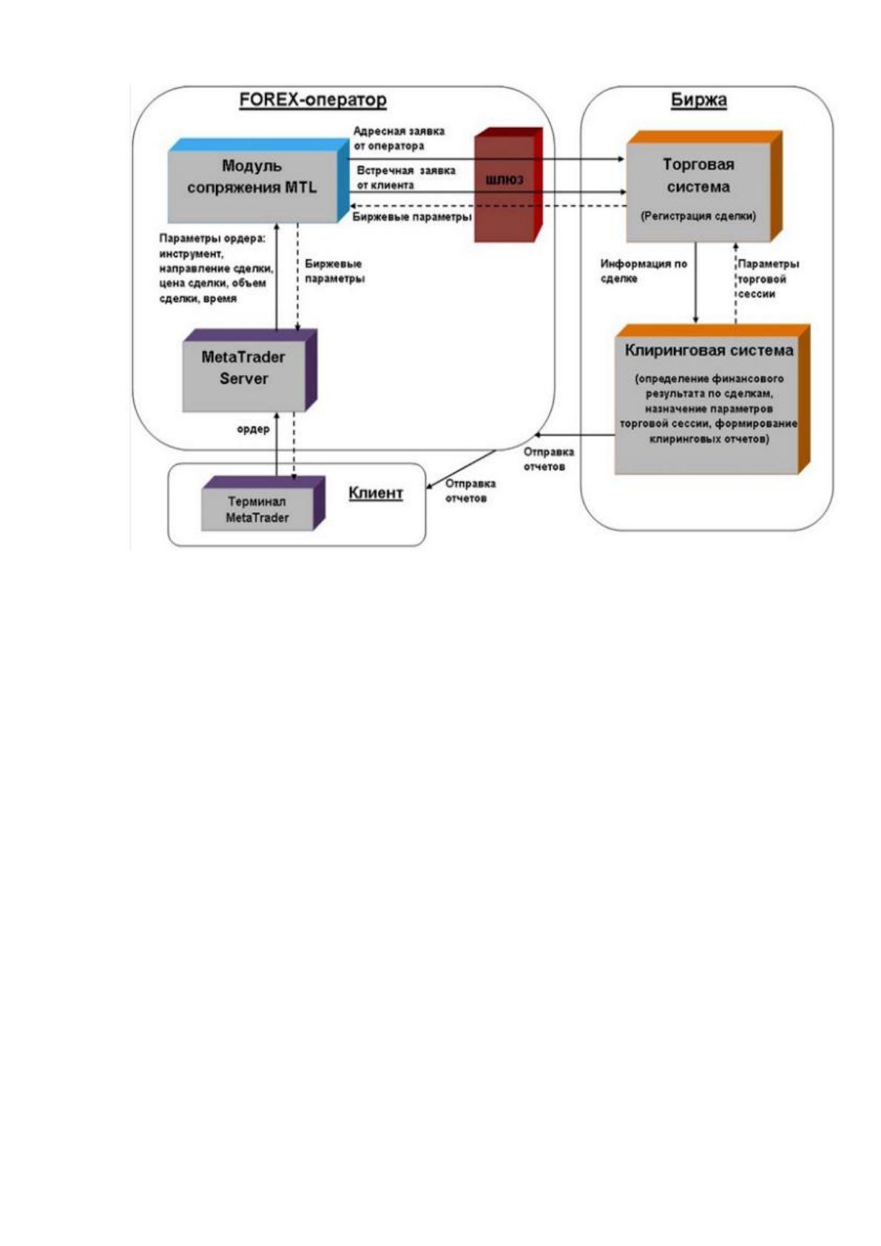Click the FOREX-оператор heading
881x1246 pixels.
[x=313, y=100]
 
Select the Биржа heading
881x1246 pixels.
[x=698, y=100]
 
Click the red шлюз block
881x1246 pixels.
[x=507, y=185]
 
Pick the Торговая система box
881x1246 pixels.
[x=704, y=186]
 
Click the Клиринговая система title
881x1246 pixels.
[x=709, y=351]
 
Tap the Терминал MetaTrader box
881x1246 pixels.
[x=263, y=503]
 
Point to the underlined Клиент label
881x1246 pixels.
[x=376, y=494]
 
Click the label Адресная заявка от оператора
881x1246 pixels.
[x=399, y=138]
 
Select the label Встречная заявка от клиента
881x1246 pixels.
[x=405, y=178]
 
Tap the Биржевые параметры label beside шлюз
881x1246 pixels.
[x=411, y=217]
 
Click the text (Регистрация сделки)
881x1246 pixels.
[x=698, y=216]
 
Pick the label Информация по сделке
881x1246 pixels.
[x=644, y=271]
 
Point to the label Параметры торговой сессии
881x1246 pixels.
[x=768, y=279]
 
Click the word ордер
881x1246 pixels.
[x=253, y=429]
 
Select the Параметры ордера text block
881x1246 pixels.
[x=216, y=268]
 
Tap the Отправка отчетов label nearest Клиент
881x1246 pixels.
[x=470, y=491]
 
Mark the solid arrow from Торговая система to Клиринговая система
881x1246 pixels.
[x=695, y=283]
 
